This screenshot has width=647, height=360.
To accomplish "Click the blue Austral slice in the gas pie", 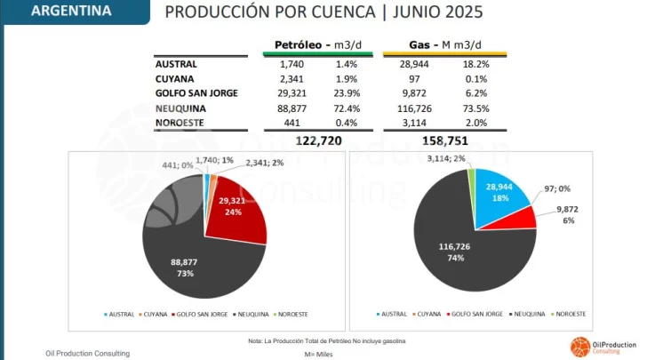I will [x=500, y=195].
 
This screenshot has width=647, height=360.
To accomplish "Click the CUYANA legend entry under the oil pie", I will [x=153, y=314].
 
